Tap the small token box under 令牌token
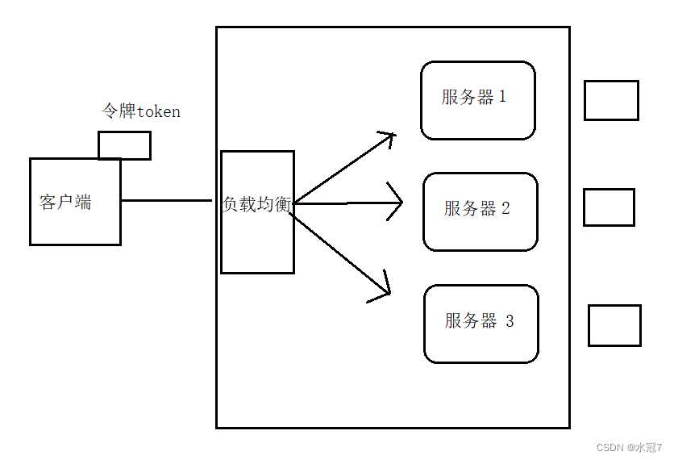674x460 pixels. [x=124, y=145]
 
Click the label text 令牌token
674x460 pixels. [x=140, y=111]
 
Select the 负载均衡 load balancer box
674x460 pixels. [x=257, y=238]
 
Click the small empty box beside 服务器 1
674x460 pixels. [x=611, y=100]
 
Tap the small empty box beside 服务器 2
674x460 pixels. [x=609, y=207]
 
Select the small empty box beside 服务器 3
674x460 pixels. [x=614, y=325]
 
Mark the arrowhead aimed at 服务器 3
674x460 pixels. [x=384, y=287]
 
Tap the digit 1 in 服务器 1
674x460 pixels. [x=503, y=97]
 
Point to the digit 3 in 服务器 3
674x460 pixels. [x=509, y=321]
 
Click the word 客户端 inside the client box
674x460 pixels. [x=65, y=202]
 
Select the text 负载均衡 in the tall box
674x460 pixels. [x=257, y=204]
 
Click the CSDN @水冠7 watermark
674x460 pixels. [x=629, y=447]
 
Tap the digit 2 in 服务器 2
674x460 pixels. [x=505, y=208]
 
